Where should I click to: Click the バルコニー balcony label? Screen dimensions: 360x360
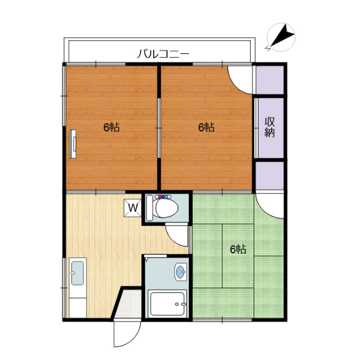[x=163, y=54]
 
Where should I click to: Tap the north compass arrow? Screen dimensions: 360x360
[x=283, y=36]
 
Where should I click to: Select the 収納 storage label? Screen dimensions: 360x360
[x=269, y=127]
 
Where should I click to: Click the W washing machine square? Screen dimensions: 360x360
[x=133, y=208]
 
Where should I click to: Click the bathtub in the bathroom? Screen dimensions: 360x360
[x=167, y=304]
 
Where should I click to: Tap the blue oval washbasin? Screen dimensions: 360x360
[x=181, y=272]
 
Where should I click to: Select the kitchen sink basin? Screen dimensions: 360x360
[x=77, y=273]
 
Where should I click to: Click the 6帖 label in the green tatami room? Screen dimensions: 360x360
[x=238, y=250]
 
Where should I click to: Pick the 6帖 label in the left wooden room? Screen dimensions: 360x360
[x=112, y=127]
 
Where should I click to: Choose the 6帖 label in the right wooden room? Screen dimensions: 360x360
[x=206, y=127]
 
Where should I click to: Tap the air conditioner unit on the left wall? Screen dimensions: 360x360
[x=73, y=144]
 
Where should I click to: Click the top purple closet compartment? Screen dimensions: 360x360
[x=269, y=80]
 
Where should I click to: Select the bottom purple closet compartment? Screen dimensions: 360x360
[x=269, y=176]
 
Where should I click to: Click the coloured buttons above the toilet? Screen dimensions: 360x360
[x=163, y=197]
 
